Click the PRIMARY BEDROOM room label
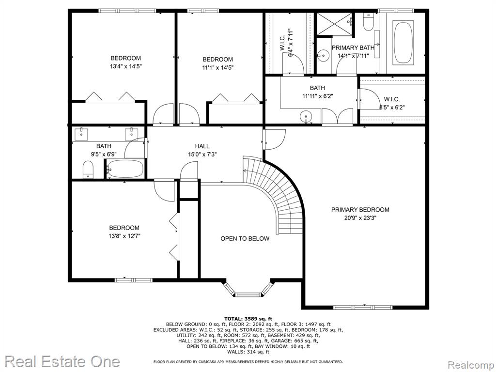360,210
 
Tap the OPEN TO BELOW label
245,238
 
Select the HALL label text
202,146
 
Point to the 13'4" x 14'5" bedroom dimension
125,66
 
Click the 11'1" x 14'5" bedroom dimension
217,68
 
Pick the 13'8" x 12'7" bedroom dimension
124,236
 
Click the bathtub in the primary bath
403,43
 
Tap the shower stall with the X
335,24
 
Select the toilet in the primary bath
369,22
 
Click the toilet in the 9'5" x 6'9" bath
88,170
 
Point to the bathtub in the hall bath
125,169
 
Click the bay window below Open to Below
248,290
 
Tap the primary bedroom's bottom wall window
363,307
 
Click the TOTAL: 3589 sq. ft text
248,319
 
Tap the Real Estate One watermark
62,361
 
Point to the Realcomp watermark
470,365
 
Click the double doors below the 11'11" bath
337,116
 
